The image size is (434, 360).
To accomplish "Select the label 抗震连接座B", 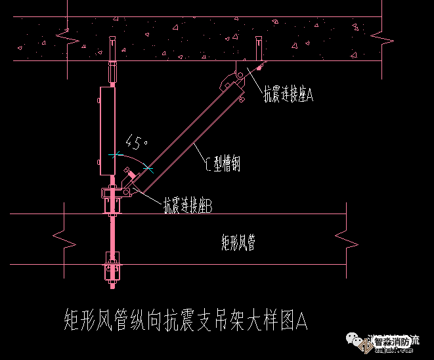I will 188,206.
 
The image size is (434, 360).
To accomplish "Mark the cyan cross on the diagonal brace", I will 149,169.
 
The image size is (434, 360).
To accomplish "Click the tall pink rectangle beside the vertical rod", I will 107,131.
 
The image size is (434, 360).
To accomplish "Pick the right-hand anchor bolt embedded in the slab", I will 258,48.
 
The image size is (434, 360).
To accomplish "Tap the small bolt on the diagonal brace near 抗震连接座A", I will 243,100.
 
